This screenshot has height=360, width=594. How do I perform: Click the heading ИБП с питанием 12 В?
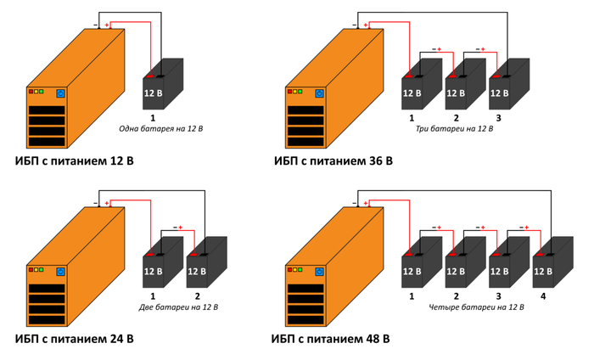click(75, 160)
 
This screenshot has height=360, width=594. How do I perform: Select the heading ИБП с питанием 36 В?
click(333, 160)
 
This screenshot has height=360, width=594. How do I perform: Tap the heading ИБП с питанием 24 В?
click(75, 340)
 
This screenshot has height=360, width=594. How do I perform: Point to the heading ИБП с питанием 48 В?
click(331, 340)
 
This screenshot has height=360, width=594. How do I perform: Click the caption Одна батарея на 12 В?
click(161, 129)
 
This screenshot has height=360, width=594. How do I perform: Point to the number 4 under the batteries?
click(544, 296)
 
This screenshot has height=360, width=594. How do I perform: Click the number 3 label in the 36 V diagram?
click(499, 118)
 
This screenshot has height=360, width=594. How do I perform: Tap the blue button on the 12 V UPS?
click(61, 93)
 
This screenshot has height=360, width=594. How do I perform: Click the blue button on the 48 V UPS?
click(318, 272)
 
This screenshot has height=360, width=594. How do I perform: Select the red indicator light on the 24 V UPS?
click(31, 269)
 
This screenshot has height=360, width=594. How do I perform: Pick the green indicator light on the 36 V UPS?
click(300, 91)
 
